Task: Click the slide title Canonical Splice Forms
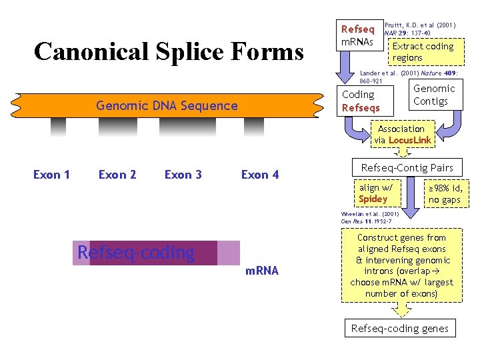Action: [x=168, y=51]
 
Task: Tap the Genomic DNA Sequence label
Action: [x=167, y=105]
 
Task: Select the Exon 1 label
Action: [x=51, y=175]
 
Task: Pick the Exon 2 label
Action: [x=117, y=175]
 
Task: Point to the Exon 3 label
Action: [x=183, y=175]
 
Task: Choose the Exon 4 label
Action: [x=260, y=175]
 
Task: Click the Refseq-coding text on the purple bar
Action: [x=136, y=253]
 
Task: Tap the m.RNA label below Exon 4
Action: [x=262, y=271]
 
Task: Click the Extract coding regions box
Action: [x=423, y=52]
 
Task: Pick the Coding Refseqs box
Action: [x=361, y=101]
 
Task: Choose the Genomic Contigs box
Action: [x=435, y=95]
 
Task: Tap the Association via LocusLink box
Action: [x=402, y=135]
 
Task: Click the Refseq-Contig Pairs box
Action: [x=407, y=168]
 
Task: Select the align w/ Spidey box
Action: [x=376, y=193]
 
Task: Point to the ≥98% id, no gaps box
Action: [x=444, y=194]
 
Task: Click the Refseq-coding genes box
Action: [x=400, y=328]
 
